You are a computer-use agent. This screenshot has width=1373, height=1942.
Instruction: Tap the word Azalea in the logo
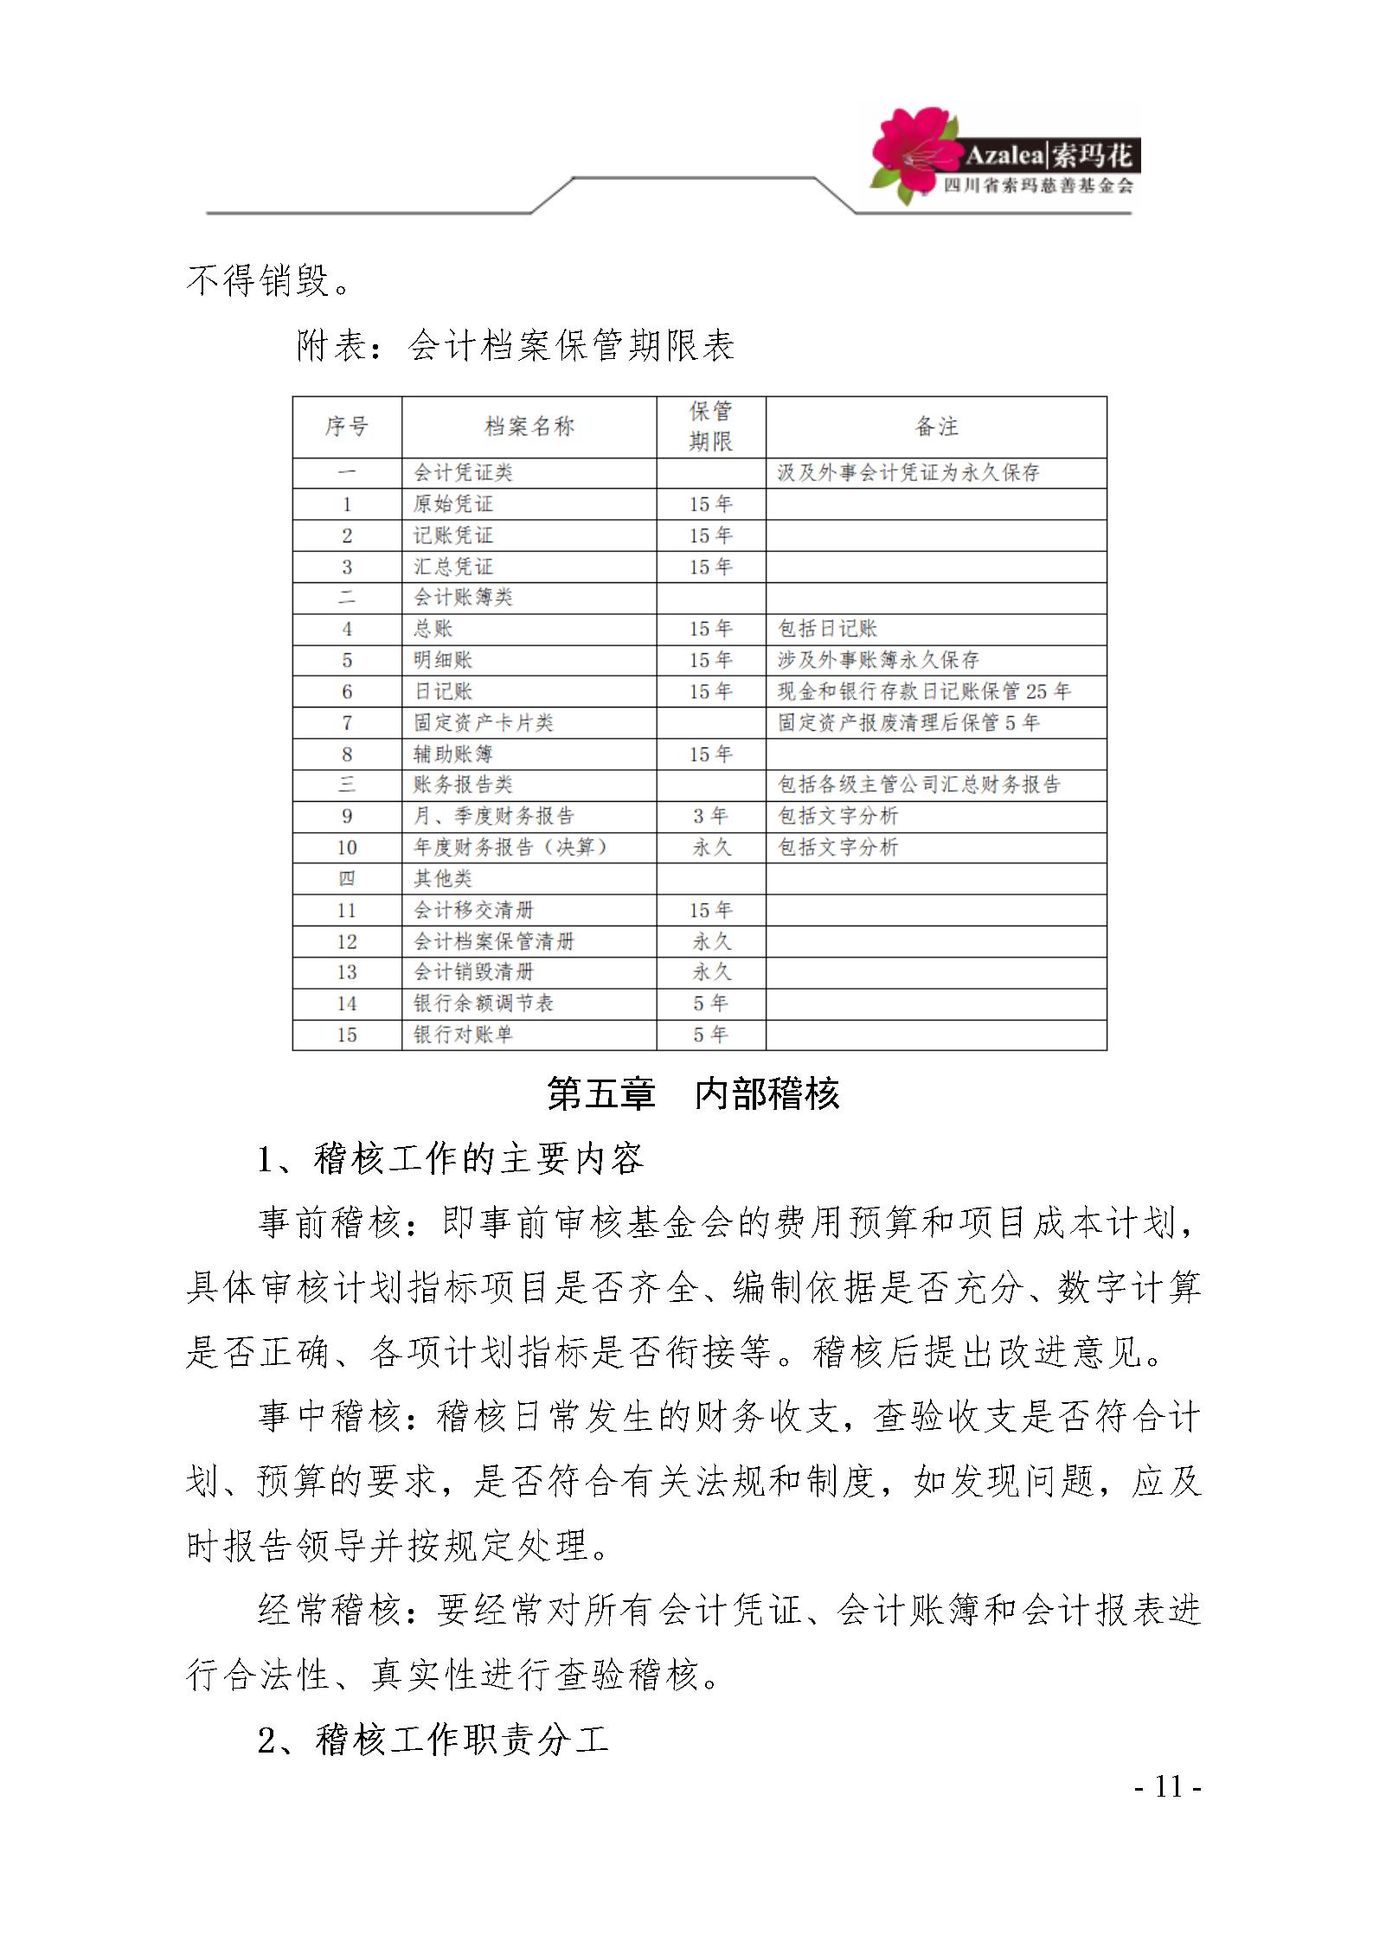pyautogui.click(x=1004, y=156)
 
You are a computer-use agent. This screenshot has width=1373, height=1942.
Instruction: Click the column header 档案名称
pyautogui.click(x=529, y=426)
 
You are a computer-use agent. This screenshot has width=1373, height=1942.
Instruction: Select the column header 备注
pyautogui.click(x=936, y=426)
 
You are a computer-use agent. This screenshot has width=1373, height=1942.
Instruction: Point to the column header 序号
pyautogui.click(x=346, y=426)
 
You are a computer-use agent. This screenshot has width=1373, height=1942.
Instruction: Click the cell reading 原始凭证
pyautogui.click(x=453, y=504)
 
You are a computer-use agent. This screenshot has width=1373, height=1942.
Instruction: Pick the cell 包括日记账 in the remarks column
pyautogui.click(x=827, y=629)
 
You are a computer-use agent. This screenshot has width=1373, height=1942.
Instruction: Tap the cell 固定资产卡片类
pyautogui.click(x=483, y=722)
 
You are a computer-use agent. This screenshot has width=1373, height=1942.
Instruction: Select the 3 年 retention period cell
pyautogui.click(x=710, y=817)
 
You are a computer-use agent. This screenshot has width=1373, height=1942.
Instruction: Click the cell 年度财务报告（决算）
pyautogui.click(x=510, y=848)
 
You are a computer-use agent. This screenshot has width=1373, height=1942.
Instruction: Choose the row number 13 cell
pyautogui.click(x=346, y=972)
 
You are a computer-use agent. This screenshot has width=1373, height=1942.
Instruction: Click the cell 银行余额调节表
pyautogui.click(x=483, y=1003)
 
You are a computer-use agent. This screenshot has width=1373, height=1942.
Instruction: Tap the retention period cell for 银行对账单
pyautogui.click(x=710, y=1035)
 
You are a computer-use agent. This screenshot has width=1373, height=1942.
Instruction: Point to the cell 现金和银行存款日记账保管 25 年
pyautogui.click(x=924, y=691)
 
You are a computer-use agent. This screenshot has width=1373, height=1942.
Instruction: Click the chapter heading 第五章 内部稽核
pyautogui.click(x=693, y=1094)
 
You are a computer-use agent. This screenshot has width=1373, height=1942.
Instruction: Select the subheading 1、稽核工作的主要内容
pyautogui.click(x=451, y=1159)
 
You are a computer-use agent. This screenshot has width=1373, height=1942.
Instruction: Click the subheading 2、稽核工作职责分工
pyautogui.click(x=433, y=1740)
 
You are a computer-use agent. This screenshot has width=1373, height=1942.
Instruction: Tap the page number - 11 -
pyautogui.click(x=1167, y=1787)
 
